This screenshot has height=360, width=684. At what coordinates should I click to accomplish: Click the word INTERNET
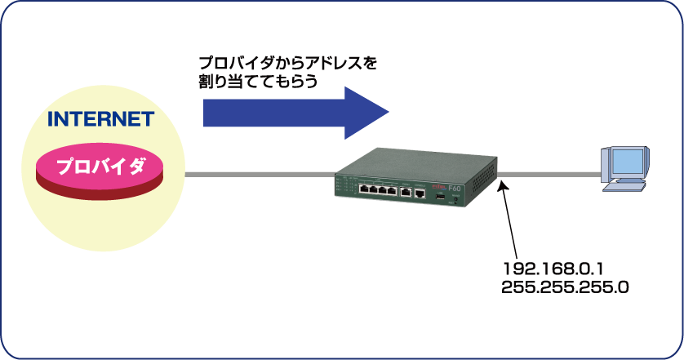pyautogui.click(x=100, y=119)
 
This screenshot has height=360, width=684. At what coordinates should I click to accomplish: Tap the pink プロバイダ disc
pyautogui.click(x=100, y=168)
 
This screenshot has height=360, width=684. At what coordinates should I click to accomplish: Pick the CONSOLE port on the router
pyautogui.click(x=420, y=194)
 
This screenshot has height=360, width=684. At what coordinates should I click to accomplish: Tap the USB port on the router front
pyautogui.click(x=438, y=198)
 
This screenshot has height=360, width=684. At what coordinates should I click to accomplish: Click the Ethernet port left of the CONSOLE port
pyautogui.click(x=405, y=193)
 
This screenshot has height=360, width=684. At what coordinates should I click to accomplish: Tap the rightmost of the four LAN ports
pyautogui.click(x=391, y=192)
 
